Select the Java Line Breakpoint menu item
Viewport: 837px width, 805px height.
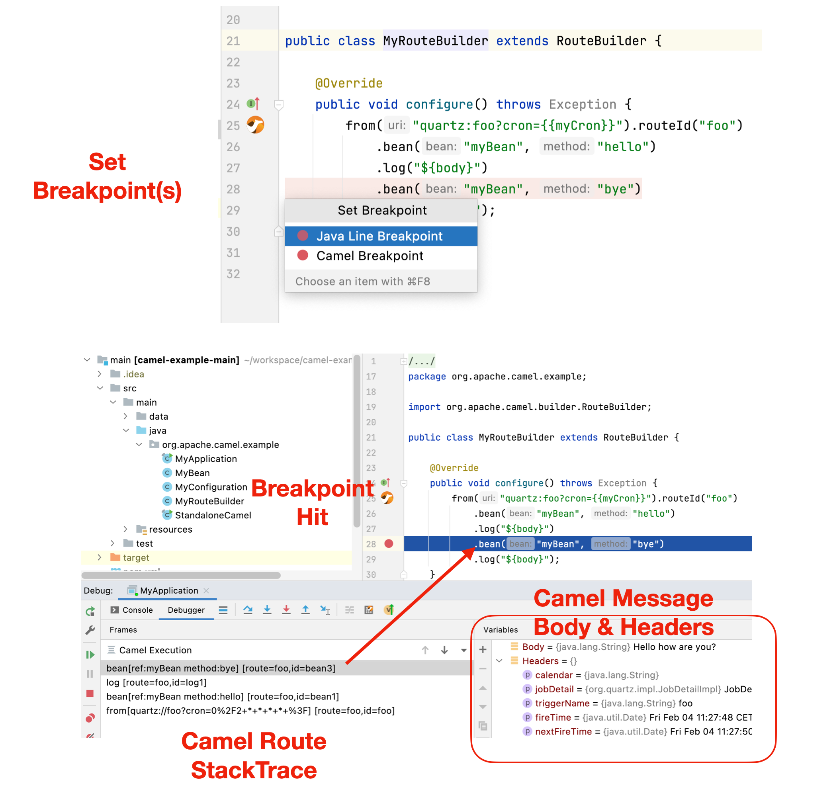379,236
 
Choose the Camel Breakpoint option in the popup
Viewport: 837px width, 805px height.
370,256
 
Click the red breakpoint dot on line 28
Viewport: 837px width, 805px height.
389,544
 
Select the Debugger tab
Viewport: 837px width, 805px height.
186,610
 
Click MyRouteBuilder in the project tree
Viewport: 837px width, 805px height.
209,501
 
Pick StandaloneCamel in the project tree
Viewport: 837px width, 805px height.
213,515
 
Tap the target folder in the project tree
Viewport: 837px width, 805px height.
136,557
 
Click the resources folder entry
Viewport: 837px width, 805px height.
170,529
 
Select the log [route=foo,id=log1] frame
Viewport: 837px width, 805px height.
156,682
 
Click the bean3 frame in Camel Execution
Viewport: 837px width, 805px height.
220,668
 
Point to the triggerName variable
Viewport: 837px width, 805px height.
562,703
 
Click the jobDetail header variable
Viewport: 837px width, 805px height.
554,689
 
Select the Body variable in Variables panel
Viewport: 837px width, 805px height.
533,647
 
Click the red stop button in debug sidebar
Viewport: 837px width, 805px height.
90,694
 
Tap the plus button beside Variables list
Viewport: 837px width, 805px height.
483,650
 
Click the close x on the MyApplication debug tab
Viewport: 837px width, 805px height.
206,591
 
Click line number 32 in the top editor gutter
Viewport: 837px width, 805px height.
233,274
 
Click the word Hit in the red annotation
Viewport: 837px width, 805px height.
312,517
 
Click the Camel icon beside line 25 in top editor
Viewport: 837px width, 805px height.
255,125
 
